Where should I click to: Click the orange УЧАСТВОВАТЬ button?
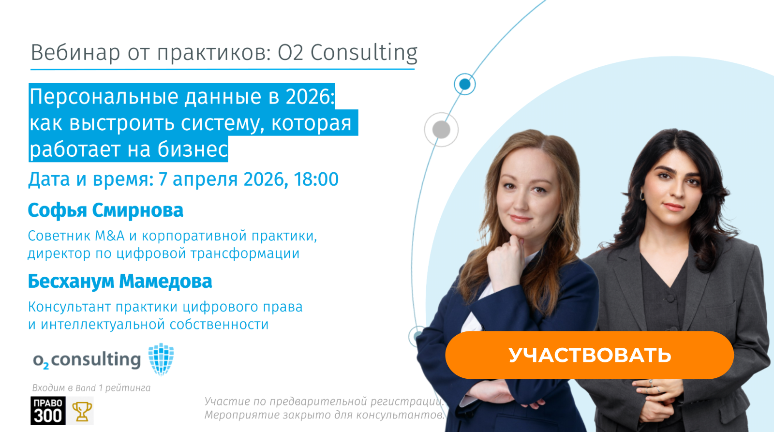pyautogui.click(x=589, y=355)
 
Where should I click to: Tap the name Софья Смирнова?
pyautogui.click(x=105, y=210)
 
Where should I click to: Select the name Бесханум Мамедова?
pyautogui.click(x=120, y=282)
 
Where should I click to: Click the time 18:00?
pyautogui.click(x=316, y=179)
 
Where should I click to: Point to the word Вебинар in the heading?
pyautogui.click(x=75, y=52)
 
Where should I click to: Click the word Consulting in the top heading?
pyautogui.click(x=364, y=52)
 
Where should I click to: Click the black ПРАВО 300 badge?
pyautogui.click(x=47, y=411)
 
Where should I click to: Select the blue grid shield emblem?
pyautogui.click(x=161, y=359)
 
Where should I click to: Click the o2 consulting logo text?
pyautogui.click(x=87, y=360)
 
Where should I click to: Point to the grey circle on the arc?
pyautogui.click(x=441, y=130)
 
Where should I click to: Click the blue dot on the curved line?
pyautogui.click(x=465, y=84)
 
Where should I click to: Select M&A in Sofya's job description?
pyautogui.click(x=109, y=236)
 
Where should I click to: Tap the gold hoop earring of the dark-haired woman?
pyautogui.click(x=643, y=195)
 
